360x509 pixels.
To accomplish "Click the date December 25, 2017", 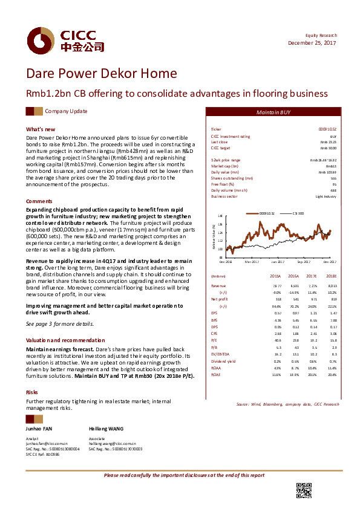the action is click(x=312, y=43).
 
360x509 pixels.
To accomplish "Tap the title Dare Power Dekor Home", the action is click(x=101, y=74).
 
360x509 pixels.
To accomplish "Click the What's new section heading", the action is click(x=40, y=129).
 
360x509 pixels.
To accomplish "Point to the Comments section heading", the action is click(x=39, y=201).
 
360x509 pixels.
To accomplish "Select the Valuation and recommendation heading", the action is click(x=60, y=340).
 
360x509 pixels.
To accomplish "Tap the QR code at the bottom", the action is click(x=303, y=490).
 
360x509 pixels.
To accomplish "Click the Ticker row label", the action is click(x=216, y=129).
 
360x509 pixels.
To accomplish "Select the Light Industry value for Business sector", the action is click(x=326, y=196).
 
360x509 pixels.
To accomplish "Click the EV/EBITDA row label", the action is click(x=219, y=355).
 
